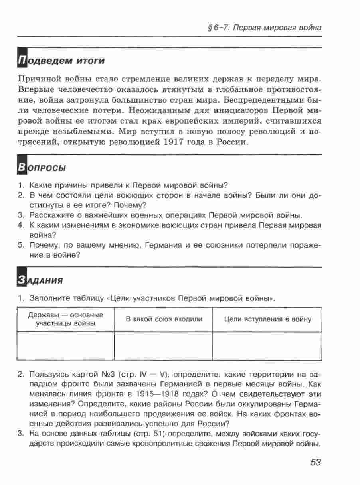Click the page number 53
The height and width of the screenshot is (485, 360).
pos(315,462)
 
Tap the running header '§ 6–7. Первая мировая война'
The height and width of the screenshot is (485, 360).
pos(263,28)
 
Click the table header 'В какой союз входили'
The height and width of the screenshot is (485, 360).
pos(164,319)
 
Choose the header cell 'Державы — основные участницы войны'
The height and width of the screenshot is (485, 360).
pos(66,319)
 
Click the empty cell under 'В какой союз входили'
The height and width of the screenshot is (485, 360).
pos(163,346)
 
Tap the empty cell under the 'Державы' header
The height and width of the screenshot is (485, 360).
pos(66,346)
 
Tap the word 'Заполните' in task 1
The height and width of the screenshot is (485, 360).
pos(47,298)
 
